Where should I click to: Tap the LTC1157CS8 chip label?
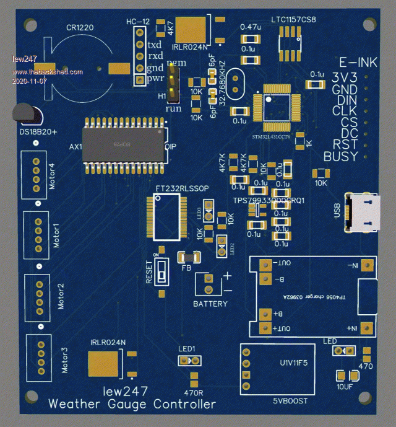pos(293,20)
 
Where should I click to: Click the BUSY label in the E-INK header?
pos(341,157)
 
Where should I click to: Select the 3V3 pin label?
pos(345,77)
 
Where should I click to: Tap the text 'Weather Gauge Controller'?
pos(132,404)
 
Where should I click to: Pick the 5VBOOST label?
pos(290,401)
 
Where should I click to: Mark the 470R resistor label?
pos(194,392)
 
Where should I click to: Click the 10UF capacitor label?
pos(345,387)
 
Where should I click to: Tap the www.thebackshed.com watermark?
pos(48,72)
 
